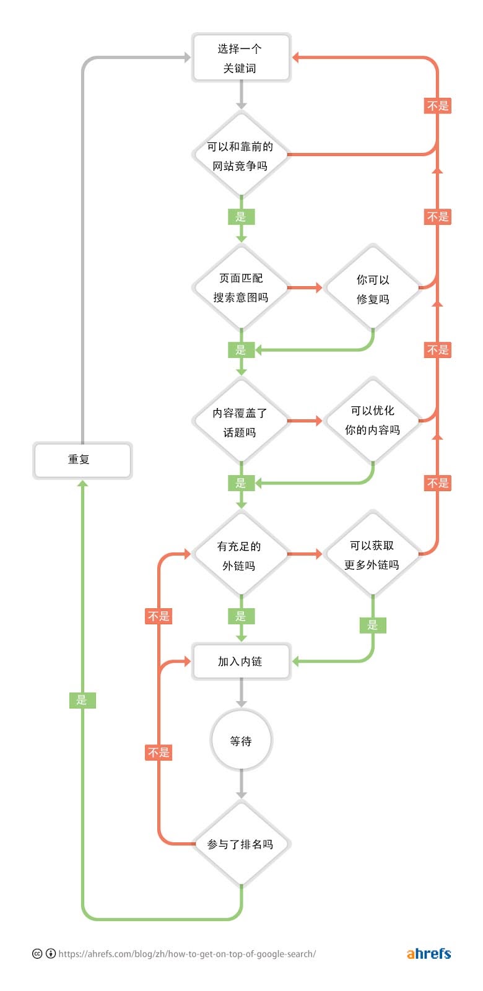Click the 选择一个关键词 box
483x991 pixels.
click(x=241, y=58)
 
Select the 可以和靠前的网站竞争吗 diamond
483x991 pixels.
click(x=241, y=155)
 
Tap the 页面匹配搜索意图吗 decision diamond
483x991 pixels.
click(x=241, y=287)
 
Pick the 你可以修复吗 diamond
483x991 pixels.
click(x=372, y=289)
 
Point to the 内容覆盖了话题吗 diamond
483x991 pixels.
click(x=241, y=422)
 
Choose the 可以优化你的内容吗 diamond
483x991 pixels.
click(x=372, y=420)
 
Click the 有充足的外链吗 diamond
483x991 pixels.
click(x=241, y=555)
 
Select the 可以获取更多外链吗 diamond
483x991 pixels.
click(x=372, y=554)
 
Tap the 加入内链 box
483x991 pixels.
click(x=241, y=661)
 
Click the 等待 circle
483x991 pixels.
click(x=241, y=741)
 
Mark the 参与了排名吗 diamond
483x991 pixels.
click(x=241, y=844)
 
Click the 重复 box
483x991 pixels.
click(x=82, y=460)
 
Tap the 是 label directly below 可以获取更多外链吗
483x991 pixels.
click(x=372, y=625)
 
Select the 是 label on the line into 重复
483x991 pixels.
click(x=82, y=700)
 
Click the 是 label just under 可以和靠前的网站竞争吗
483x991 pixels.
click(x=241, y=217)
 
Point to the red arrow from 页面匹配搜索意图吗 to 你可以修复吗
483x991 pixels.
click(x=305, y=287)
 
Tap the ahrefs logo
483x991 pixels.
click(x=429, y=954)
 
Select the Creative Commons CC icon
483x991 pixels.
click(x=37, y=954)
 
